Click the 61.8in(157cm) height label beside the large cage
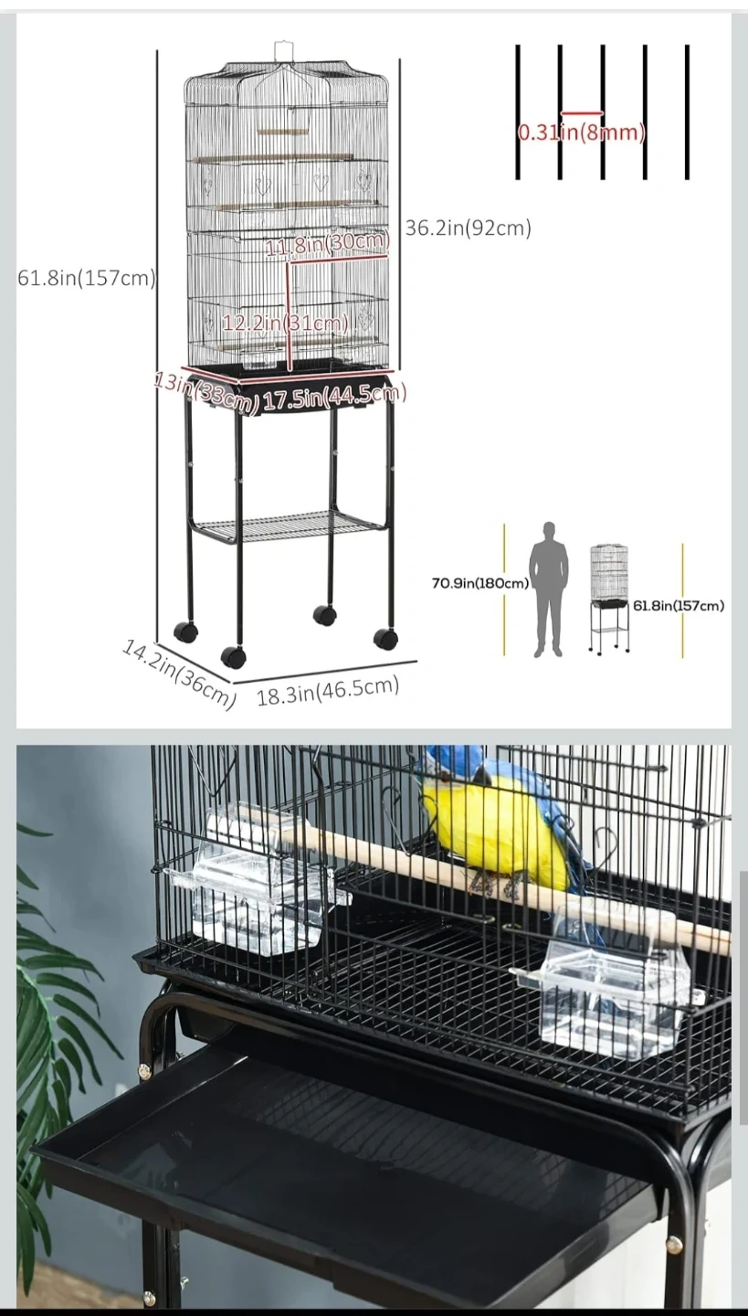[86, 277]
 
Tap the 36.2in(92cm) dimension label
[468, 228]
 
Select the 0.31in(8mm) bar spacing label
[581, 133]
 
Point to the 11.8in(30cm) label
[328, 243]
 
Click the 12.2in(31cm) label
[285, 323]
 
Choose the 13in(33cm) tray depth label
[206, 391]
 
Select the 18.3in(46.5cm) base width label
[328, 690]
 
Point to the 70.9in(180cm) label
[480, 583]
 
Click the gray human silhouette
[549, 589]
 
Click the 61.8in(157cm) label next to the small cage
[678, 606]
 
